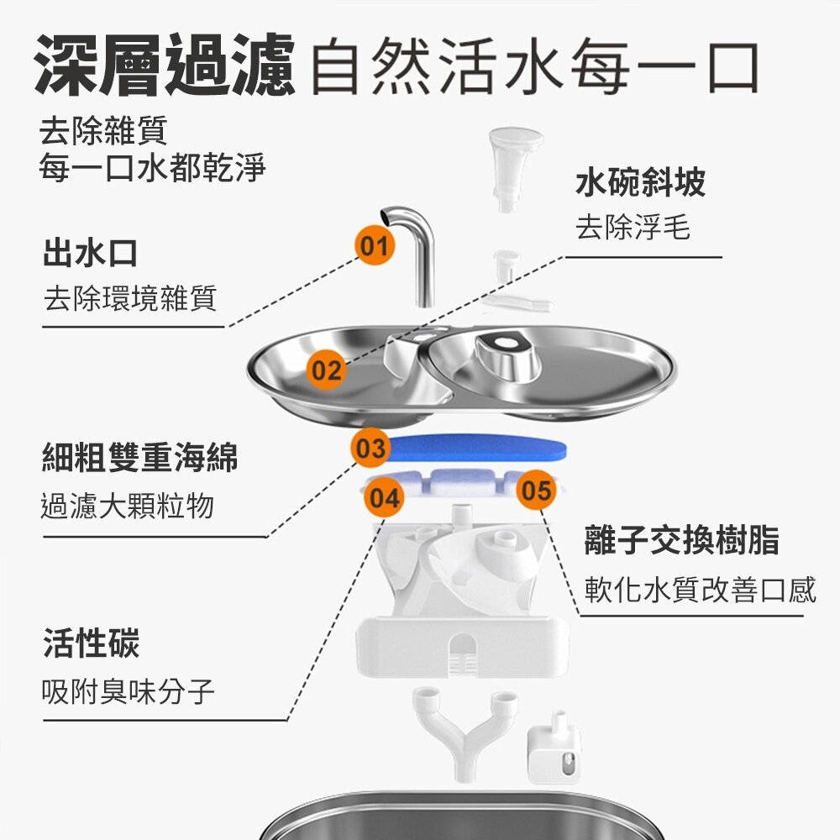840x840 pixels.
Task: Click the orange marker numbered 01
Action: tap(374, 245)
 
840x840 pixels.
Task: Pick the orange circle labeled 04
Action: tap(385, 498)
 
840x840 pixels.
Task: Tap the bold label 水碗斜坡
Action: tap(640, 182)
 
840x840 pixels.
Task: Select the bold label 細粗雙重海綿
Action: tap(139, 458)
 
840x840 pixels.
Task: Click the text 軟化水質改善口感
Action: tap(700, 590)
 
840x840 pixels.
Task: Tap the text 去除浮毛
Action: tap(633, 227)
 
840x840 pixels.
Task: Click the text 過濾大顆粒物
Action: tap(128, 506)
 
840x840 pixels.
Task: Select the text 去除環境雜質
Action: tap(130, 297)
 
